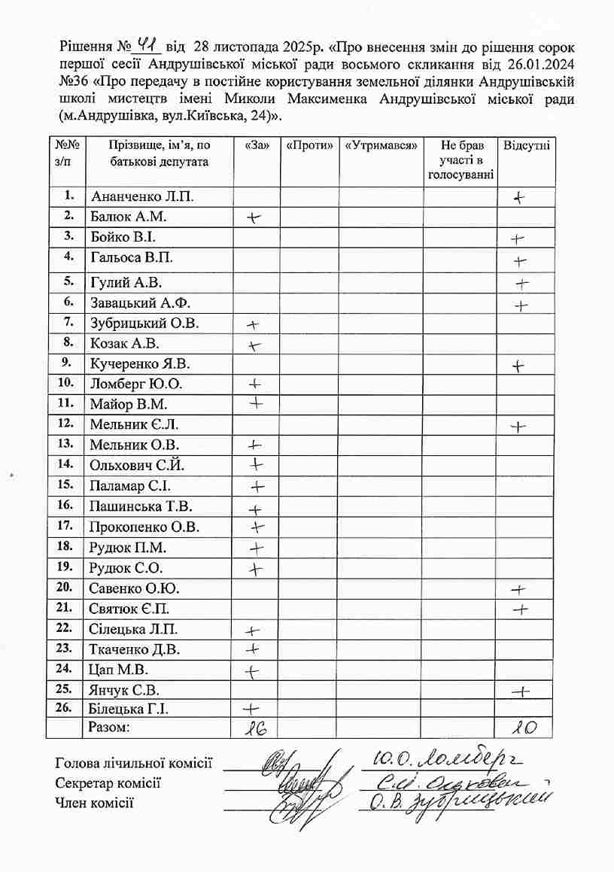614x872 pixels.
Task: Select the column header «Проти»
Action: point(309,145)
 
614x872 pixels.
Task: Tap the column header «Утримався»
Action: point(380,145)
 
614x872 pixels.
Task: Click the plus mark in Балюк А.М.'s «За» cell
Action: point(255,217)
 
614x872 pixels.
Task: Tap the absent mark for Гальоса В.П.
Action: point(519,261)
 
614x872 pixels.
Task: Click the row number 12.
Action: point(65,423)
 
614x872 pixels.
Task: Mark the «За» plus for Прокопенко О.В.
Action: point(258,527)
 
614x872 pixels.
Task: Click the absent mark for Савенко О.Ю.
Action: point(518,588)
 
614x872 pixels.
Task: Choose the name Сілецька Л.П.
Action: point(134,629)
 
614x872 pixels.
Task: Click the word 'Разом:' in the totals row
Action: point(109,727)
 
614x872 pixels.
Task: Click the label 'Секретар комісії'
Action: point(108,782)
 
